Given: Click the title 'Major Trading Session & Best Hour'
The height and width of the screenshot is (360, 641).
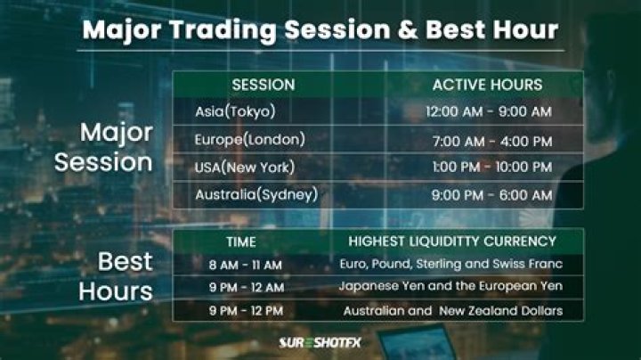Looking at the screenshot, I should (320, 29).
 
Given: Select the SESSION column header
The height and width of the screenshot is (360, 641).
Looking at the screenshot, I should (264, 85).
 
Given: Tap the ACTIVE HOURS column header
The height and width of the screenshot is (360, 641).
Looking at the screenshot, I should (486, 85).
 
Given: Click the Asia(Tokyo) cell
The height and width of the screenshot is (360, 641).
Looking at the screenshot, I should (235, 111).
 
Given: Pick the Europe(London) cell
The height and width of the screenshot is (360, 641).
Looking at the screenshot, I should (249, 139).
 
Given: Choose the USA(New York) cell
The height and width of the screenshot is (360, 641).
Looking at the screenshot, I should (244, 167).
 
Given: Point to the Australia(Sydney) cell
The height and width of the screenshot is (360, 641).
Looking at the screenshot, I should (256, 194).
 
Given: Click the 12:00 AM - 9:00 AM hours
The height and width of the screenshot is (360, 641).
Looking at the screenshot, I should (489, 111).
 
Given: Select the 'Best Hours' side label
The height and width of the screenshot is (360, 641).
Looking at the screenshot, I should (115, 276).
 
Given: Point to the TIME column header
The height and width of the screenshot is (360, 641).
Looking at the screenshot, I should (240, 241).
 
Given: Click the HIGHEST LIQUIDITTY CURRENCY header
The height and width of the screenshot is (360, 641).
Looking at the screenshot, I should (452, 241).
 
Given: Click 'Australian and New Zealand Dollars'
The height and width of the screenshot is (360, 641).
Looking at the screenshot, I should (452, 310).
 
